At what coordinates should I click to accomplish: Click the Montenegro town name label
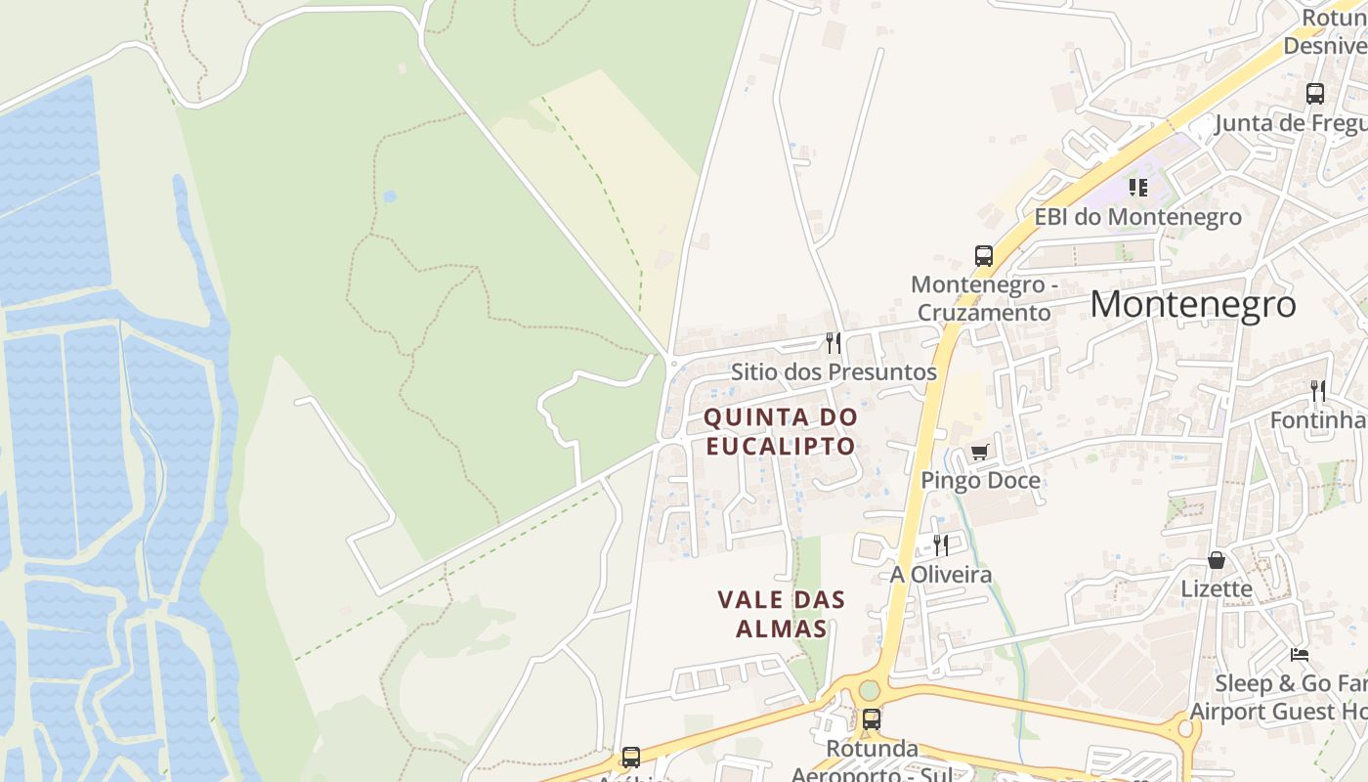(x=1193, y=304)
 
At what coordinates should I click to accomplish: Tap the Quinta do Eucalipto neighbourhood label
(x=780, y=431)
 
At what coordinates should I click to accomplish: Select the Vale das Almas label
(x=782, y=614)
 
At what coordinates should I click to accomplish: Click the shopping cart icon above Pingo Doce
(x=980, y=452)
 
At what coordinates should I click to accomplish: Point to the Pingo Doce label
(x=980, y=480)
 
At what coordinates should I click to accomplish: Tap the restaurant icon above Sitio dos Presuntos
(x=834, y=342)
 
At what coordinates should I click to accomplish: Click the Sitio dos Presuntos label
(x=834, y=371)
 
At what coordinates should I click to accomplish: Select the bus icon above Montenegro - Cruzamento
(x=984, y=256)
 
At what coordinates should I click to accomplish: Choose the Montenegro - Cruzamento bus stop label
(x=982, y=298)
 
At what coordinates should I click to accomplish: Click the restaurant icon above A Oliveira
(x=940, y=544)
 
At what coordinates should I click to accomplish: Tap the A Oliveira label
(x=940, y=574)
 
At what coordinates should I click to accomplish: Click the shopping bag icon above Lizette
(x=1217, y=560)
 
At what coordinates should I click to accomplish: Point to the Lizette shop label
(x=1217, y=588)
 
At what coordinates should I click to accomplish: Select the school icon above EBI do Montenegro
(x=1138, y=187)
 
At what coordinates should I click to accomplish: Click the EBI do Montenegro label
(x=1138, y=216)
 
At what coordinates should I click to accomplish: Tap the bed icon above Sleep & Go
(x=1299, y=655)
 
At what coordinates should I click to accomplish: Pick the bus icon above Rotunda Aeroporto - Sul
(x=871, y=719)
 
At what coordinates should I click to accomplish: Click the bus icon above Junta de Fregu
(x=1315, y=94)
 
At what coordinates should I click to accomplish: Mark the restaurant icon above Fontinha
(x=1318, y=391)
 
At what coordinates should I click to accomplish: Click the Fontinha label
(x=1318, y=419)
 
